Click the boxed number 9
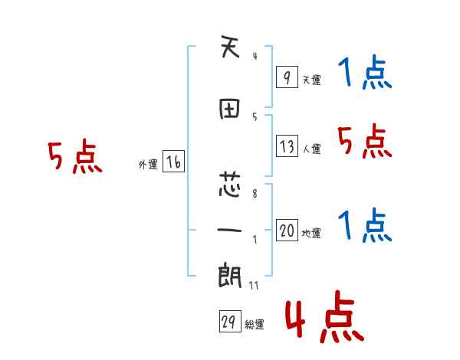286,77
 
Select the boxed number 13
287,146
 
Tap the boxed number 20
287,231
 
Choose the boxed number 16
173,162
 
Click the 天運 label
311,80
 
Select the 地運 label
311,234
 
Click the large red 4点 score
322,319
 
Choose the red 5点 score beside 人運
364,142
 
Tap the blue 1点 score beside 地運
364,226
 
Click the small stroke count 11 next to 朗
253,286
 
